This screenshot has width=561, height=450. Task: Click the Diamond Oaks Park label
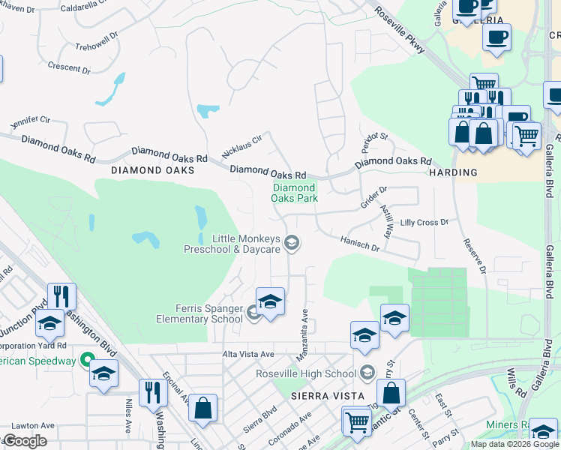[294, 193]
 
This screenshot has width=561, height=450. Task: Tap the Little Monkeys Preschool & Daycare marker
[292, 241]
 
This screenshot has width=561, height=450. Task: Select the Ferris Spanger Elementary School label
[199, 313]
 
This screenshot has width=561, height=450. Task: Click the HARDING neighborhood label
[453, 172]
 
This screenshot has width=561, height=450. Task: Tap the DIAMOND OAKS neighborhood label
[152, 170]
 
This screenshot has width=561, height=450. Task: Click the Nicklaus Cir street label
[242, 146]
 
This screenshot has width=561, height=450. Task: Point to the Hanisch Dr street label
[360, 241]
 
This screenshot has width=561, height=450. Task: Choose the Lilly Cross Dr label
[424, 223]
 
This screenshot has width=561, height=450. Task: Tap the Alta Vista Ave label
[248, 353]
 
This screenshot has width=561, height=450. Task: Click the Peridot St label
[372, 139]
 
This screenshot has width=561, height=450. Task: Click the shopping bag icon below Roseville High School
[391, 391]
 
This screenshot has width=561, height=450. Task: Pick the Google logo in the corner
[25, 441]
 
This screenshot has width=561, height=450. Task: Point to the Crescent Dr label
[69, 67]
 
